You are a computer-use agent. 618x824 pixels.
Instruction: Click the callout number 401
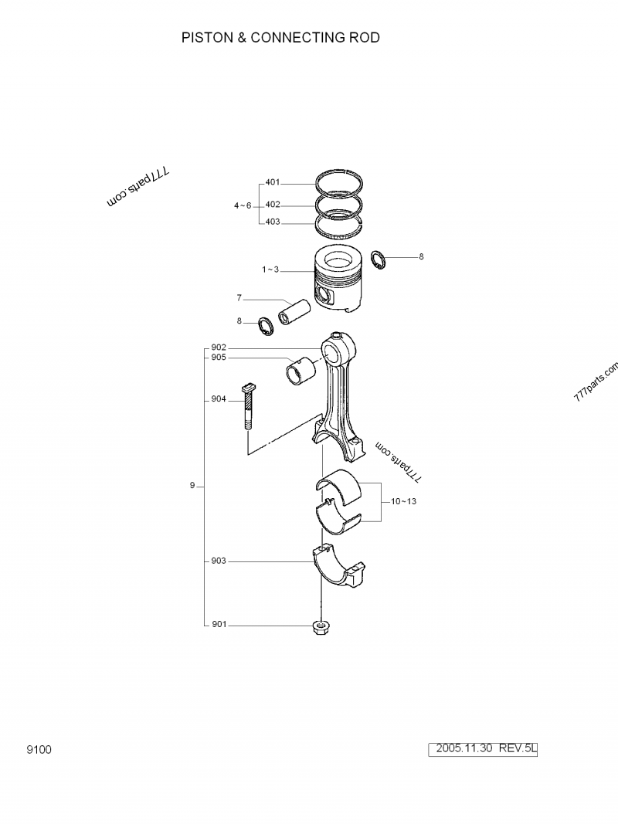tap(272, 183)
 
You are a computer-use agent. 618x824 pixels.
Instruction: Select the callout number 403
tap(272, 222)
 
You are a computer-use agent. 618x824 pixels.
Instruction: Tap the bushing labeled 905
tap(301, 371)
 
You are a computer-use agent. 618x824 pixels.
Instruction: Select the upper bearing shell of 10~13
tap(339, 483)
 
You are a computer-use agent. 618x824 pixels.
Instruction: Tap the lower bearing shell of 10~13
tap(339, 515)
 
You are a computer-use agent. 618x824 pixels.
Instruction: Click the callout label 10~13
tap(403, 502)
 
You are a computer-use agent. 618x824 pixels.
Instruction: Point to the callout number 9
tap(192, 486)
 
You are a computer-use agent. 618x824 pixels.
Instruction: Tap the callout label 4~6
tap(243, 205)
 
